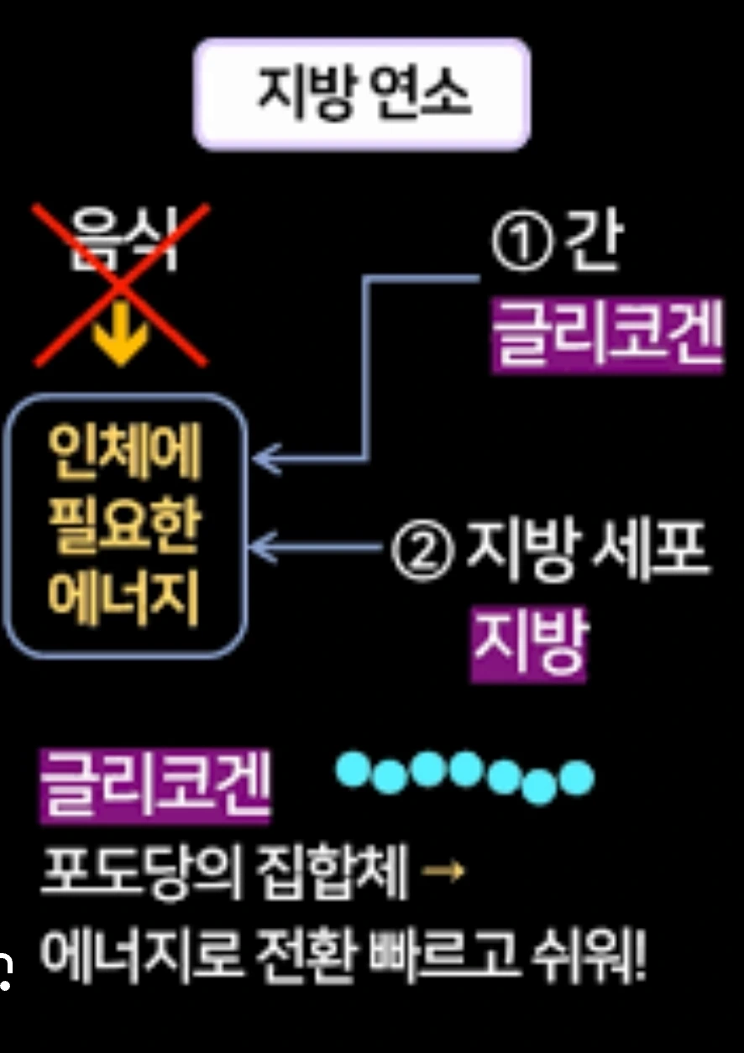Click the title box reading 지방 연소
tap(362, 93)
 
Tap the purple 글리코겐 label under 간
tap(605, 336)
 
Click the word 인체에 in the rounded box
tap(124, 454)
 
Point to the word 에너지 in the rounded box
tap(124, 599)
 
